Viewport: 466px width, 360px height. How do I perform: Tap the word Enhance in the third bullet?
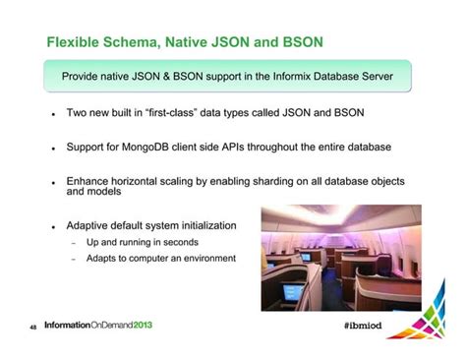91,182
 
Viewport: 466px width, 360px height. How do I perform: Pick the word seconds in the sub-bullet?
180,242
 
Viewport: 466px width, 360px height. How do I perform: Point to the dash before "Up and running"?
73,243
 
